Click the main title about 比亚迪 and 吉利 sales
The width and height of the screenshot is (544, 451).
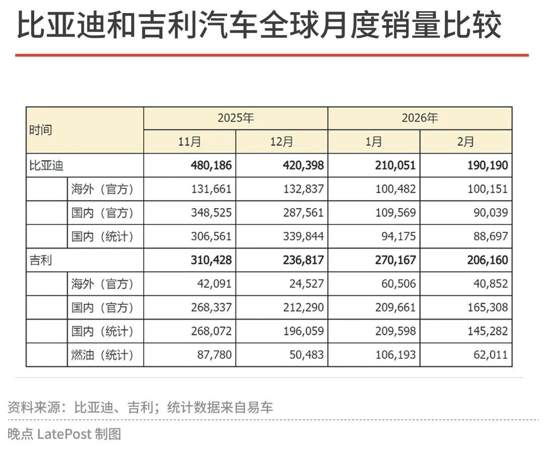click(x=259, y=25)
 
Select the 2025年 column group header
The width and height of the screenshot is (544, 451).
click(x=235, y=118)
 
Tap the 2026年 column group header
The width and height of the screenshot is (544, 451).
click(x=420, y=118)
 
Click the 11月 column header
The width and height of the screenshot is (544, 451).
click(x=189, y=142)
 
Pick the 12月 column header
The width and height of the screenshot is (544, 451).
click(x=282, y=142)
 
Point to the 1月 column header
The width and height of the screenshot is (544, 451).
click(x=374, y=142)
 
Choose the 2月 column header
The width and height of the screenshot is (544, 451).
click(x=466, y=142)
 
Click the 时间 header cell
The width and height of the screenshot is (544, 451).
click(x=41, y=130)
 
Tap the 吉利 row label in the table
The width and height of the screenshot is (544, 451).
click(x=40, y=261)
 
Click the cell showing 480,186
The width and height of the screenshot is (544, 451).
click(x=211, y=165)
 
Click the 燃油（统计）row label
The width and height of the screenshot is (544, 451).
click(x=102, y=355)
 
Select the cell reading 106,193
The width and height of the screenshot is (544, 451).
click(x=395, y=355)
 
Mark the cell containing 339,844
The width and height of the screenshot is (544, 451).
click(x=303, y=236)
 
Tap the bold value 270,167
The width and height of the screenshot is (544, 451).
click(x=395, y=261)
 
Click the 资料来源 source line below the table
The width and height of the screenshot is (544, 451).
click(x=141, y=407)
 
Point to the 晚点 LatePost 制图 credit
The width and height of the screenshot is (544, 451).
click(x=64, y=434)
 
